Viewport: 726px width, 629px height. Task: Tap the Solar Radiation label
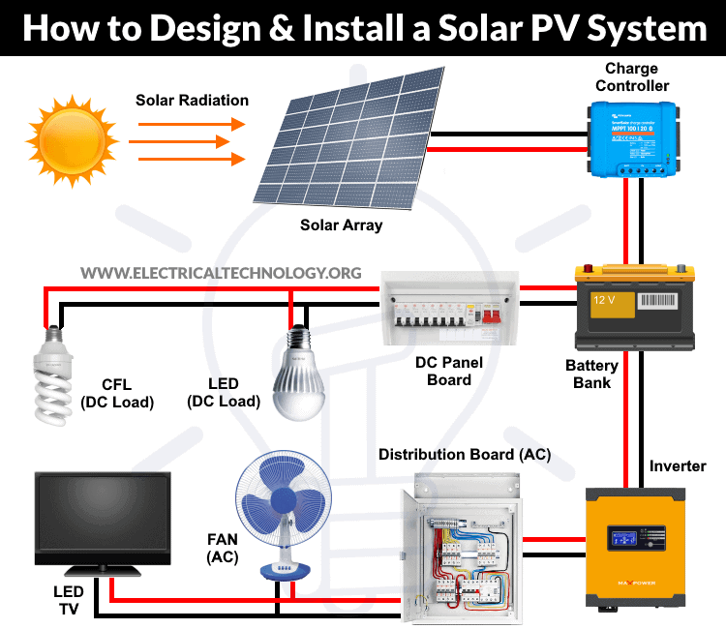(x=192, y=101)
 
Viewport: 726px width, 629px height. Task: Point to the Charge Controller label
(x=632, y=77)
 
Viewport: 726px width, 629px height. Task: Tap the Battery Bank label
(x=591, y=374)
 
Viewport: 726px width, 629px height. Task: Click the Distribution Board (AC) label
(x=465, y=454)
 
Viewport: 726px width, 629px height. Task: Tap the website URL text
(x=221, y=274)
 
